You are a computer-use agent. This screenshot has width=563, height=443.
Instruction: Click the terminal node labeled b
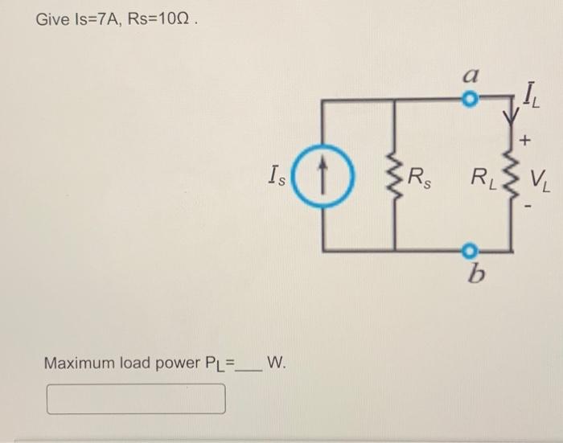point(472,248)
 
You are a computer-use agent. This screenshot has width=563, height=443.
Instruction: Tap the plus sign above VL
point(526,142)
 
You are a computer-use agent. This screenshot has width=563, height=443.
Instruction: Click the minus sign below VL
point(528,207)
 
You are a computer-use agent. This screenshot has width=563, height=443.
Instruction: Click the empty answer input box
point(136,398)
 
